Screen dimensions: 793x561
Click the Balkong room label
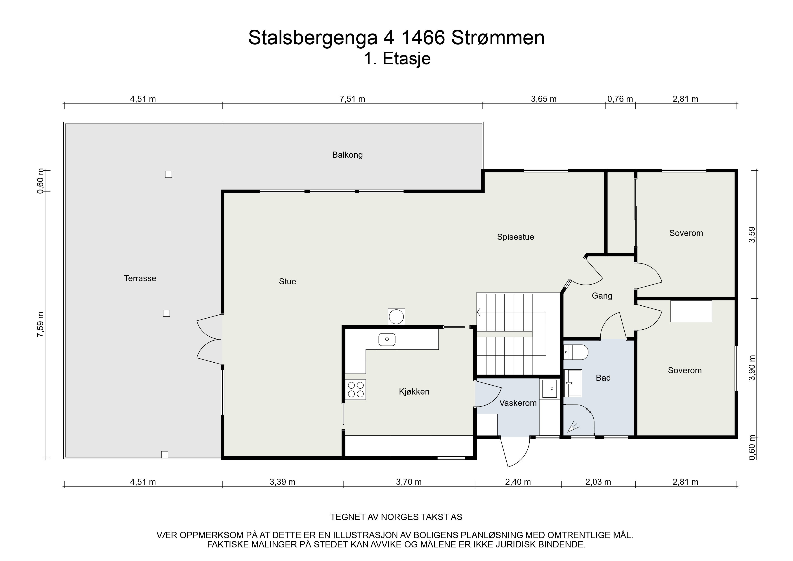347,155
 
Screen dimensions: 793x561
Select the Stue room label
287,281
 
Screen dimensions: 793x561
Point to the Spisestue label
515,237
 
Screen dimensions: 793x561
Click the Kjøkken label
414,392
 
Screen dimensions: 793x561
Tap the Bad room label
603,378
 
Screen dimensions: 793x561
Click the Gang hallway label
602,296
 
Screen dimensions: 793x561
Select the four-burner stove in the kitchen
355,390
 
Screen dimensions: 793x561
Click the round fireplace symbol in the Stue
396,317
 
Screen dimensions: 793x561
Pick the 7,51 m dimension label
352,99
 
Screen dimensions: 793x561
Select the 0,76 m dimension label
620,99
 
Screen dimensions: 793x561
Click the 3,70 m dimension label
409,482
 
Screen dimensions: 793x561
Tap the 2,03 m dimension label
598,482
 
